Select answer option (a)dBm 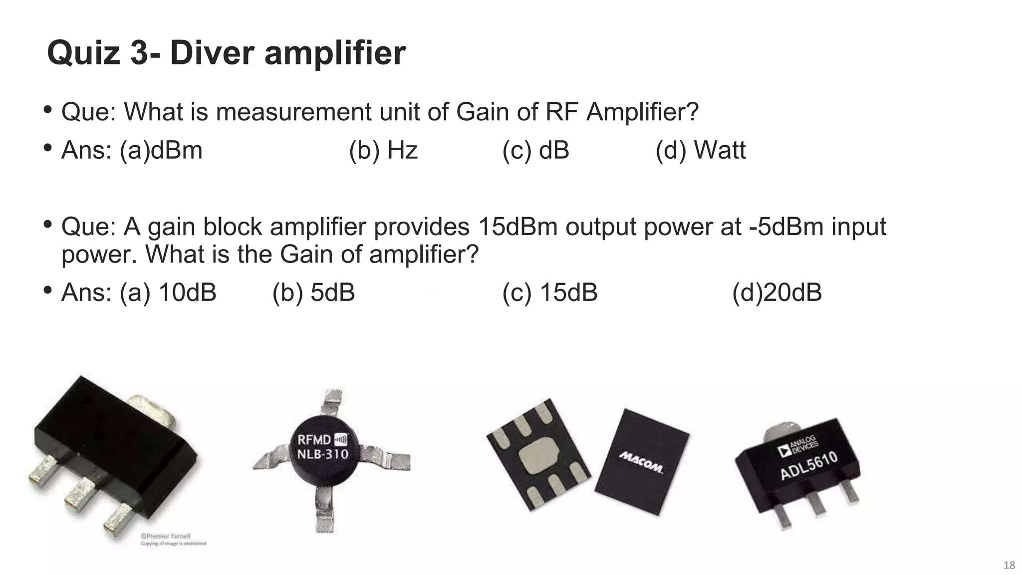tap(161, 150)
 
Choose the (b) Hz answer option tap(383, 150)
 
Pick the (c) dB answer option tap(535, 150)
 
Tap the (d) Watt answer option tap(700, 150)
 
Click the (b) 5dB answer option tap(313, 292)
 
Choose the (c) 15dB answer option tap(549, 292)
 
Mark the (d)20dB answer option tap(776, 292)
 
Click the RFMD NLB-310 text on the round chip tap(322, 447)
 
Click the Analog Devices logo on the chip tap(798, 446)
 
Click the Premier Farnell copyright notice tap(172, 540)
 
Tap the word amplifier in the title tap(334, 53)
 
